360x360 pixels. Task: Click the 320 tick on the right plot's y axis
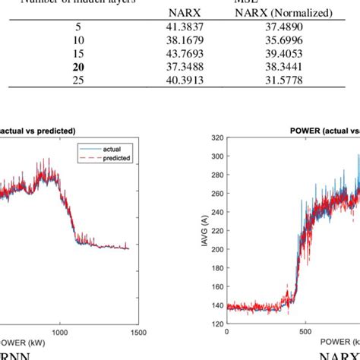click(x=216, y=139)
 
